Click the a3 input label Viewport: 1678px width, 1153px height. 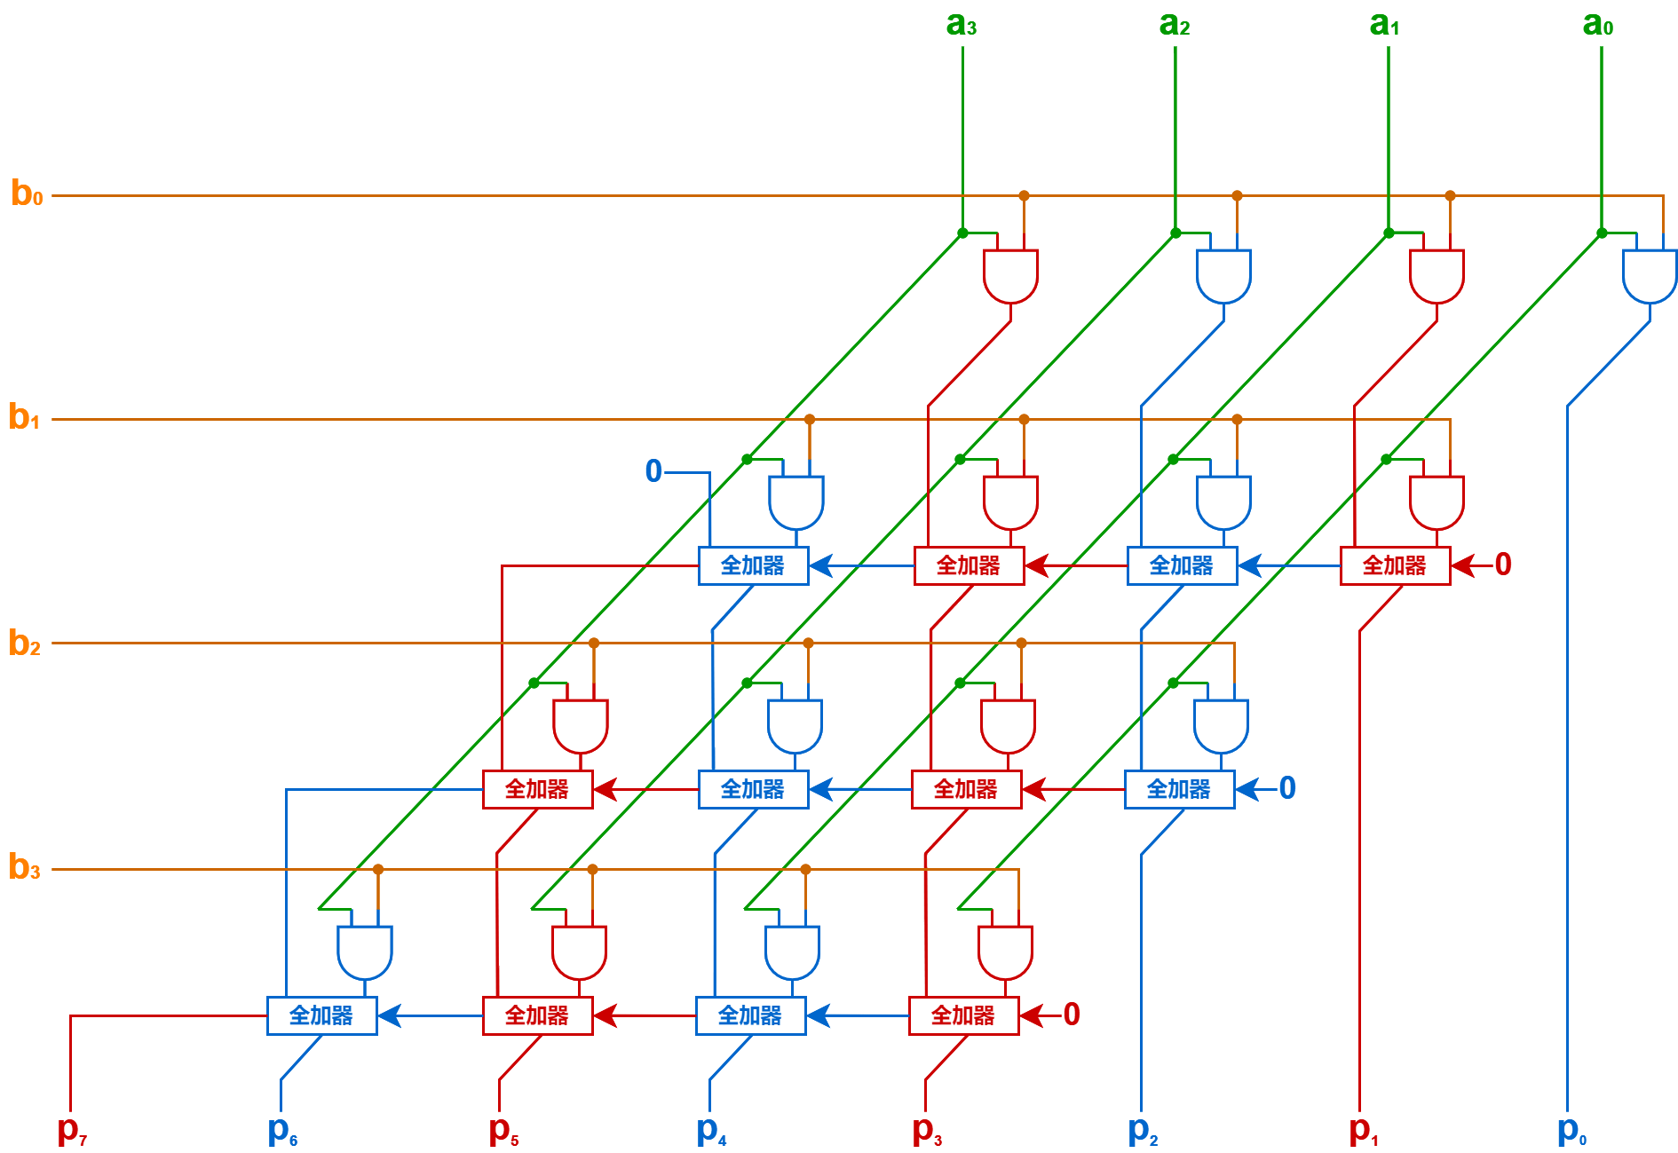(x=962, y=24)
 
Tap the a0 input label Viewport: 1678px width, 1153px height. (x=1598, y=24)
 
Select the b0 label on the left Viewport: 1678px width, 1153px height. (x=27, y=193)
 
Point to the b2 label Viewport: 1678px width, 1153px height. (x=25, y=643)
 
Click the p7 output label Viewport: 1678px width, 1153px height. (x=72, y=1130)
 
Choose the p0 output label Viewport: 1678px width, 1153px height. (x=1571, y=1130)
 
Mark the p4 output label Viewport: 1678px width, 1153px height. (x=711, y=1130)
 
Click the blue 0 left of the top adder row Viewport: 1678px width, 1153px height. (x=653, y=471)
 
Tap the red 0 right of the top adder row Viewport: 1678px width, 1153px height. (x=1503, y=565)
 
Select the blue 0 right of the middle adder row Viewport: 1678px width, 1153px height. (x=1287, y=788)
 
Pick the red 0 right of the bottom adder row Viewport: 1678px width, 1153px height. (x=1072, y=1015)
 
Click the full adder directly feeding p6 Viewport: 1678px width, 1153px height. (x=321, y=1015)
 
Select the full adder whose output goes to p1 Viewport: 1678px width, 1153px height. (x=1395, y=565)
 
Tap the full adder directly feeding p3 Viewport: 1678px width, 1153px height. (x=963, y=1015)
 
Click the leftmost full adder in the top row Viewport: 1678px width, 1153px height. (x=753, y=565)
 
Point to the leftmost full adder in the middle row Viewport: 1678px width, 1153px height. (x=537, y=789)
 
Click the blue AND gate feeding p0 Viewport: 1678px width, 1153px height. (x=1649, y=275)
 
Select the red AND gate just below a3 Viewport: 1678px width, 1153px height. (x=1010, y=275)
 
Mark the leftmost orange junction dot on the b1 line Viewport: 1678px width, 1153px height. (x=809, y=419)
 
